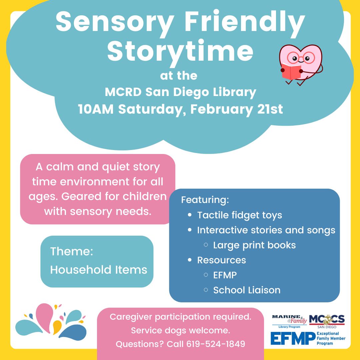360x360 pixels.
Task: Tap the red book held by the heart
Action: [x=291, y=71]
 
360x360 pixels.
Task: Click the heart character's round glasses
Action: [x=301, y=59]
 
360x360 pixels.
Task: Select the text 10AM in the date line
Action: [x=96, y=109]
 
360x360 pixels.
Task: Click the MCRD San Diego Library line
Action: [x=180, y=92]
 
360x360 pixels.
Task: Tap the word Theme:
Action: [x=71, y=251]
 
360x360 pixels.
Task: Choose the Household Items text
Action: [x=99, y=269]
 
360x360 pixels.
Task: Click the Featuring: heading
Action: [x=205, y=200]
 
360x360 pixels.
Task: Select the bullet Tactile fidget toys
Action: [x=239, y=215]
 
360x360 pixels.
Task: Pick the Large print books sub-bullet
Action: [x=254, y=245]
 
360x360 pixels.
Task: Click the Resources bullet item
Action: [x=221, y=260]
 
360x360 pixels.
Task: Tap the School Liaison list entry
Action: [x=247, y=290]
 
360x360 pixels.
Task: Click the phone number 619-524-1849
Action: [x=216, y=344]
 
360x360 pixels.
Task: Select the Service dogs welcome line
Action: [x=180, y=330]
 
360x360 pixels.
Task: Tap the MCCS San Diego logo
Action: [x=327, y=321]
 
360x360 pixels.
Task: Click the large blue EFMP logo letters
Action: [x=293, y=338]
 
